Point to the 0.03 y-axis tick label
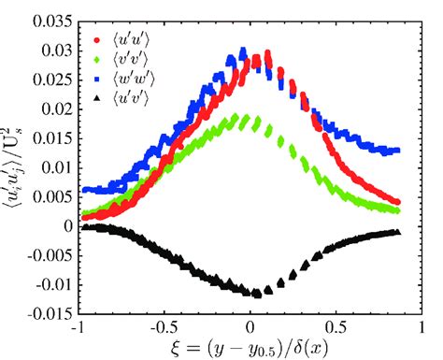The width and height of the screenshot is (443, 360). click(x=59, y=48)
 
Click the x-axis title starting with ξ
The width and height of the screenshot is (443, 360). click(x=252, y=349)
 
